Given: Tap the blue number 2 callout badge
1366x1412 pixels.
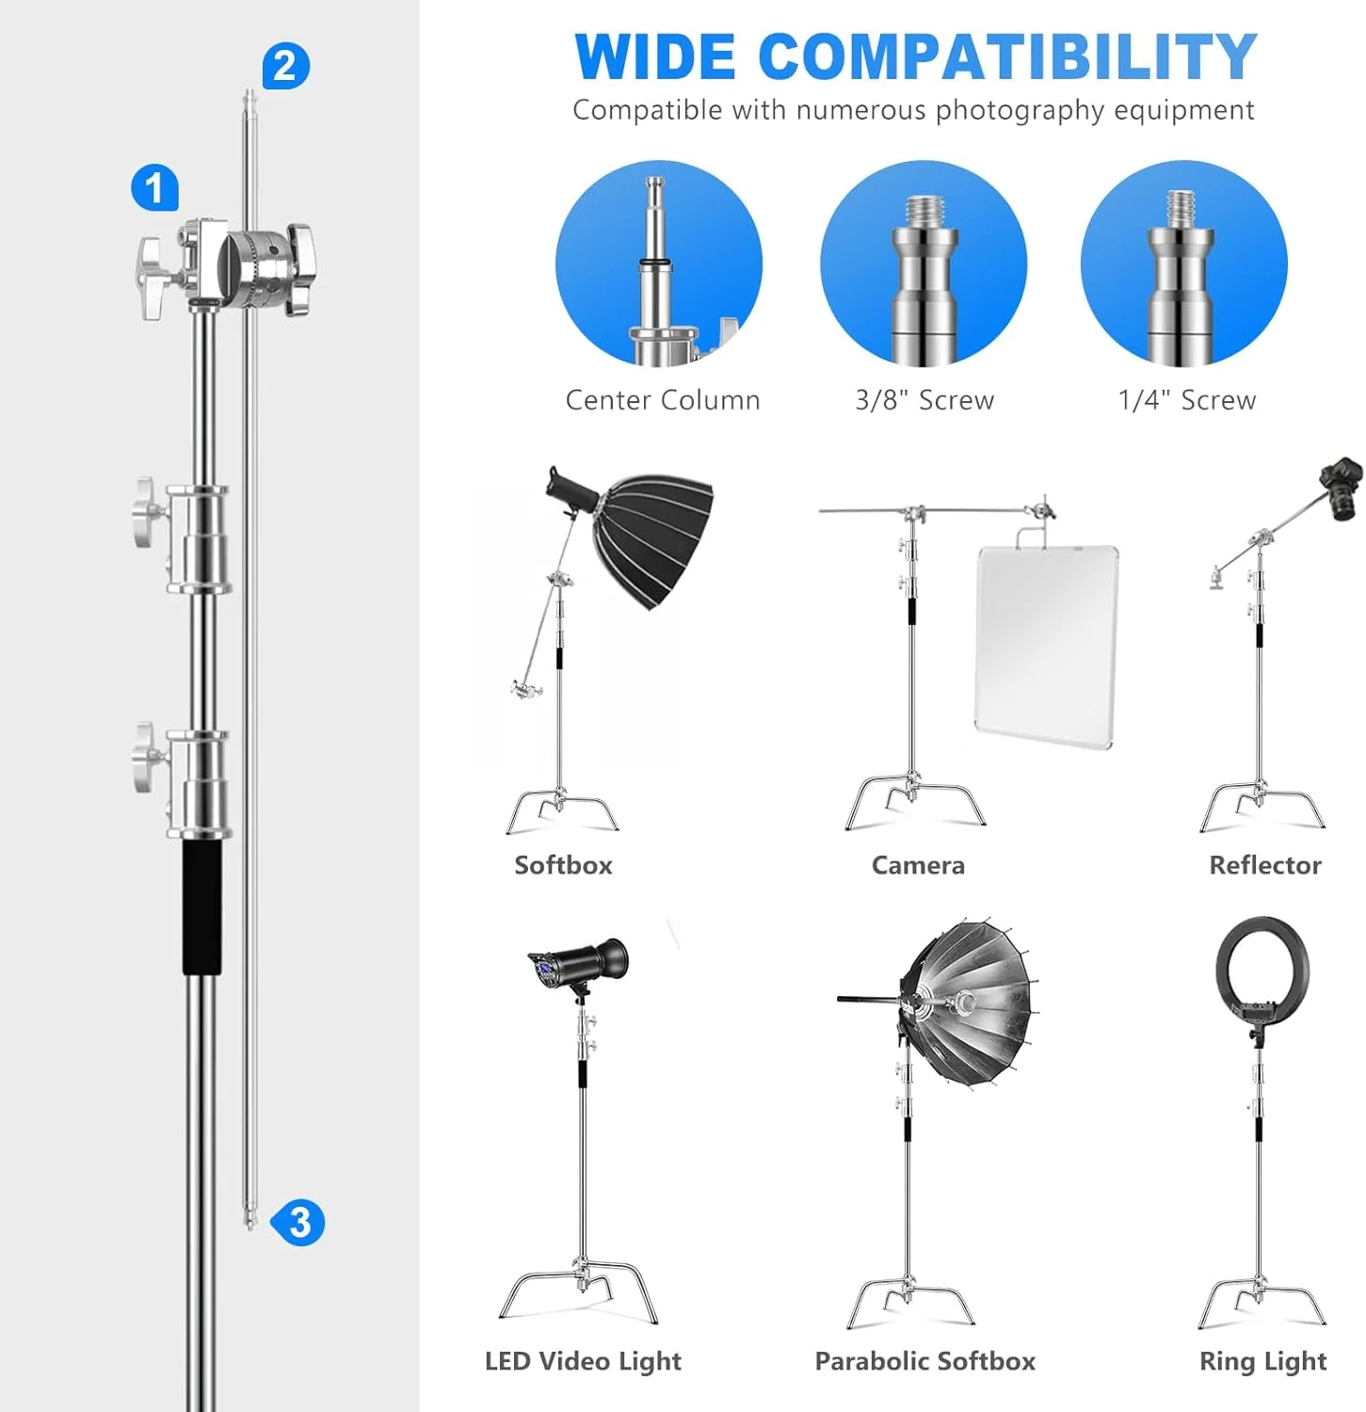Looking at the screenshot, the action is (285, 66).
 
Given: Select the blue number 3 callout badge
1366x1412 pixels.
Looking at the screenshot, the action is (298, 1222).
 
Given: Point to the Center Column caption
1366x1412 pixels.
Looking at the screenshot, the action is (663, 400).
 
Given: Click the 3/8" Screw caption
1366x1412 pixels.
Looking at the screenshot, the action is (924, 400).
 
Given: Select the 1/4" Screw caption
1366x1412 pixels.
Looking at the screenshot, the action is (1187, 400).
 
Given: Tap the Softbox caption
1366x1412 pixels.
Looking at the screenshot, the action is (563, 865).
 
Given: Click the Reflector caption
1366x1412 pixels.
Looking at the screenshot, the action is (1265, 865).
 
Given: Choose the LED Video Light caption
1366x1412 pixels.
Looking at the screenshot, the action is (583, 1361).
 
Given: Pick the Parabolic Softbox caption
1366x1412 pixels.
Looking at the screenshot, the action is (924, 1361).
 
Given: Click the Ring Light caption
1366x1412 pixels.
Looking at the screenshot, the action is (1263, 1361).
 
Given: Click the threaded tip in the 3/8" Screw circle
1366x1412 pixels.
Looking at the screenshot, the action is (924, 210).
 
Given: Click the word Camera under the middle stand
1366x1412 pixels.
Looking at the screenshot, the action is (918, 865).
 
